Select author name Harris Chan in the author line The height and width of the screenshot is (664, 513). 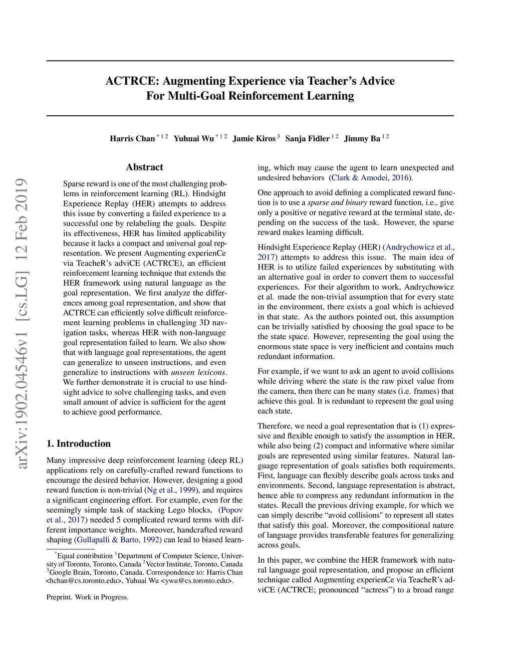(132, 139)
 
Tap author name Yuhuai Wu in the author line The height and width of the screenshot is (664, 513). (193, 139)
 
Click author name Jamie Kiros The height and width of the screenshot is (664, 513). (254, 139)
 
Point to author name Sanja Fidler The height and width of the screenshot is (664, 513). (307, 139)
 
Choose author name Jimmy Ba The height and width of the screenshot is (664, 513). (362, 139)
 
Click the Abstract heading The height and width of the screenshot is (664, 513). (144, 167)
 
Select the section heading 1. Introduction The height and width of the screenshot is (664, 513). (78, 444)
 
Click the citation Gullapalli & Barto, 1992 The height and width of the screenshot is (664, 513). (118, 540)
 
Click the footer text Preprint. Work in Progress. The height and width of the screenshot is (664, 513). (87, 597)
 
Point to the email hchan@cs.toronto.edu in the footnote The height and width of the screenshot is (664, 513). (84, 581)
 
